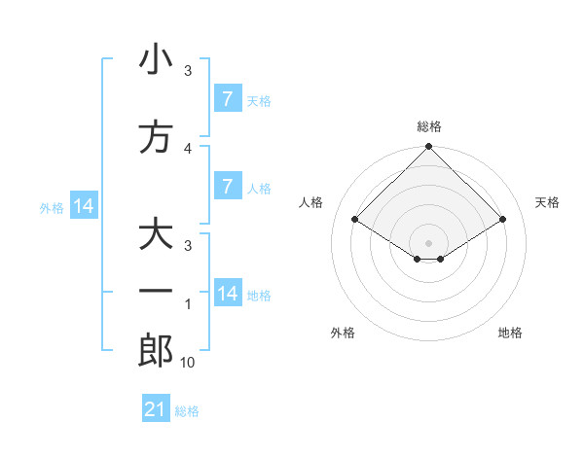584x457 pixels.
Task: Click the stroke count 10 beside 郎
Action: click(188, 363)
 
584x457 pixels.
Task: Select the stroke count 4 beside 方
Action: click(188, 148)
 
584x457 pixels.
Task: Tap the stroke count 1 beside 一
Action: click(188, 304)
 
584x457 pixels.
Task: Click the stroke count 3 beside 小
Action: click(188, 70)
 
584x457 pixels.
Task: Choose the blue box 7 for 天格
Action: click(227, 98)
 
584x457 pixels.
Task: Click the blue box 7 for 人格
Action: click(227, 187)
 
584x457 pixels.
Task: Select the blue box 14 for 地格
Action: click(227, 294)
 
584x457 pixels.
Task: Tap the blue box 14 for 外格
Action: click(84, 206)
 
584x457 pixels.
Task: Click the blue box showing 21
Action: click(156, 409)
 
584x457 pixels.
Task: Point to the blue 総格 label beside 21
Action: click(187, 410)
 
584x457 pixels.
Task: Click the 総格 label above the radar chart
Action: click(429, 126)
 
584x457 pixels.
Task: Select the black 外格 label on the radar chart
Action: click(343, 333)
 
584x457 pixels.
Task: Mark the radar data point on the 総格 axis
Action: click(429, 147)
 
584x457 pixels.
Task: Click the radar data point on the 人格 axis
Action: click(355, 220)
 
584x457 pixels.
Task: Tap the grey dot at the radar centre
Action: click(429, 242)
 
